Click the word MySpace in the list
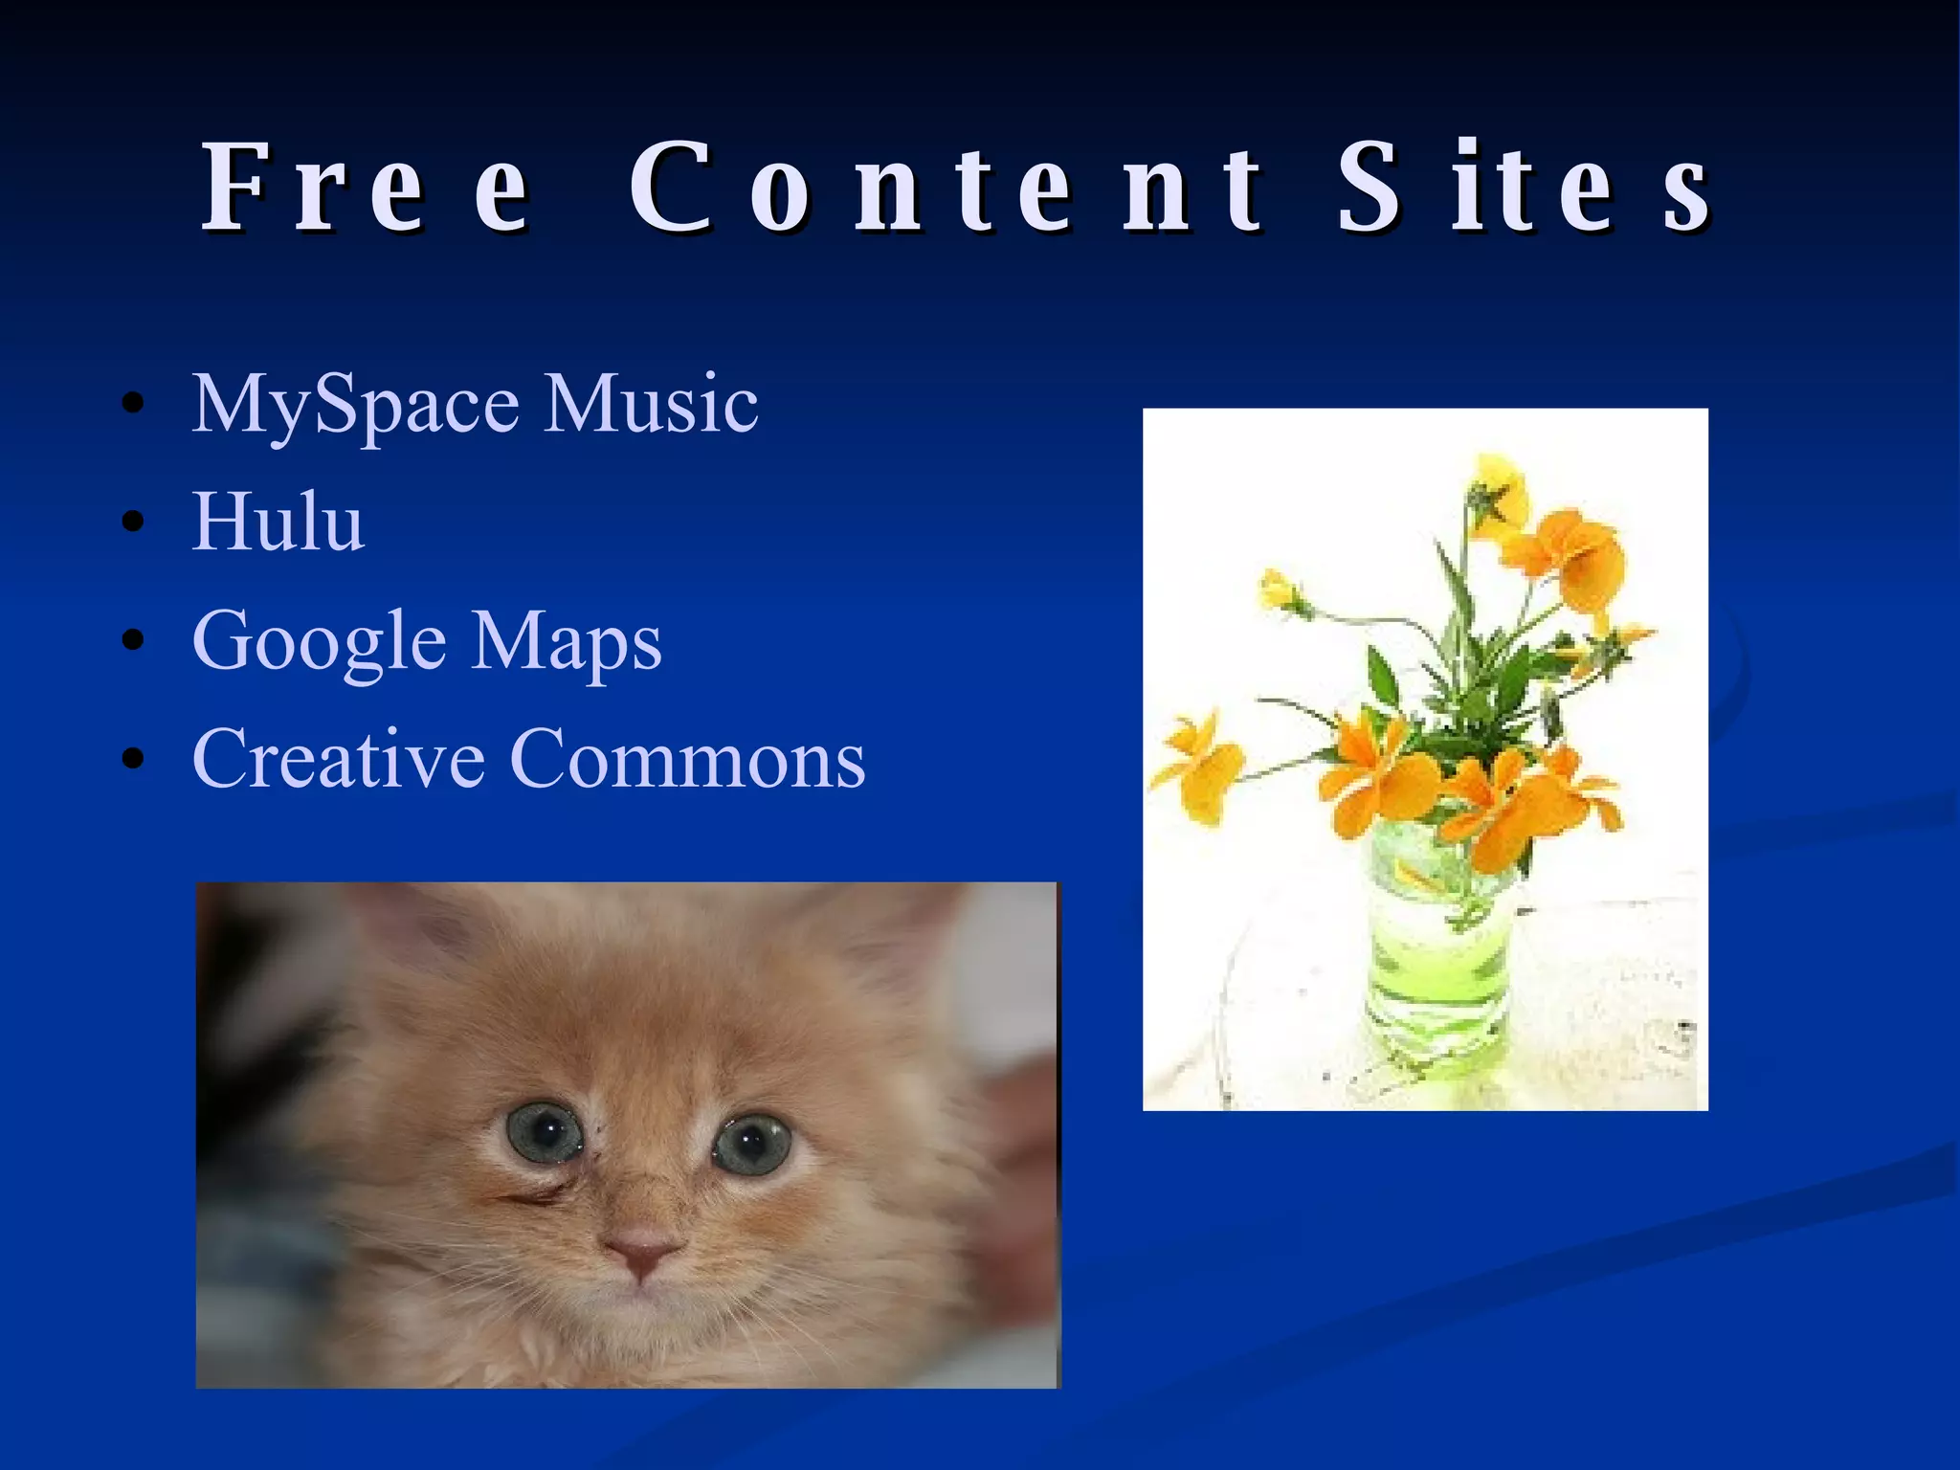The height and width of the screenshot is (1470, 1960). [355, 405]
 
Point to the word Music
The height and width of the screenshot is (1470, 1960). [651, 403]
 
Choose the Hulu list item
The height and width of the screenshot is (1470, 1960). [278, 522]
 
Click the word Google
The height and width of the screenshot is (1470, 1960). [319, 641]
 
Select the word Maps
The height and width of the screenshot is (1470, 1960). [567, 641]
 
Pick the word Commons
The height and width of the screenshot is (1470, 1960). [688, 758]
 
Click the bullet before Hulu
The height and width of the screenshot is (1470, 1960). [133, 523]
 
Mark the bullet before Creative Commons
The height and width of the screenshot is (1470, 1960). [133, 760]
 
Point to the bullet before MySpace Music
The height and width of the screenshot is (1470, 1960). [133, 404]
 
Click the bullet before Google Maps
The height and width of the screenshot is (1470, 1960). [133, 641]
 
